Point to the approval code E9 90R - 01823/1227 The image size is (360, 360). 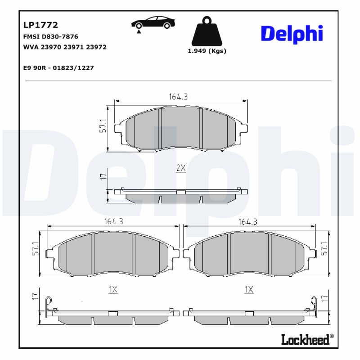click(58, 67)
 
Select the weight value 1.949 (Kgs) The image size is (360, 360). click(207, 51)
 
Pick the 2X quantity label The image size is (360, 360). click(180, 168)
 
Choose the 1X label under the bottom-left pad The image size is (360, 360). click(112, 290)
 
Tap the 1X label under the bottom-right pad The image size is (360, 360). click(248, 290)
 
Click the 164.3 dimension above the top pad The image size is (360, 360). click(178, 96)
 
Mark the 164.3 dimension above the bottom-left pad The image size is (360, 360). click(114, 221)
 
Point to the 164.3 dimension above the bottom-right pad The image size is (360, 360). click(248, 221)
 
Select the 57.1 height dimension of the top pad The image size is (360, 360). click(103, 126)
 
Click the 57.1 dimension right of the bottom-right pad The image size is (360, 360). click(325, 249)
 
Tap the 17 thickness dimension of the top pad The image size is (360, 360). click(103, 176)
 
